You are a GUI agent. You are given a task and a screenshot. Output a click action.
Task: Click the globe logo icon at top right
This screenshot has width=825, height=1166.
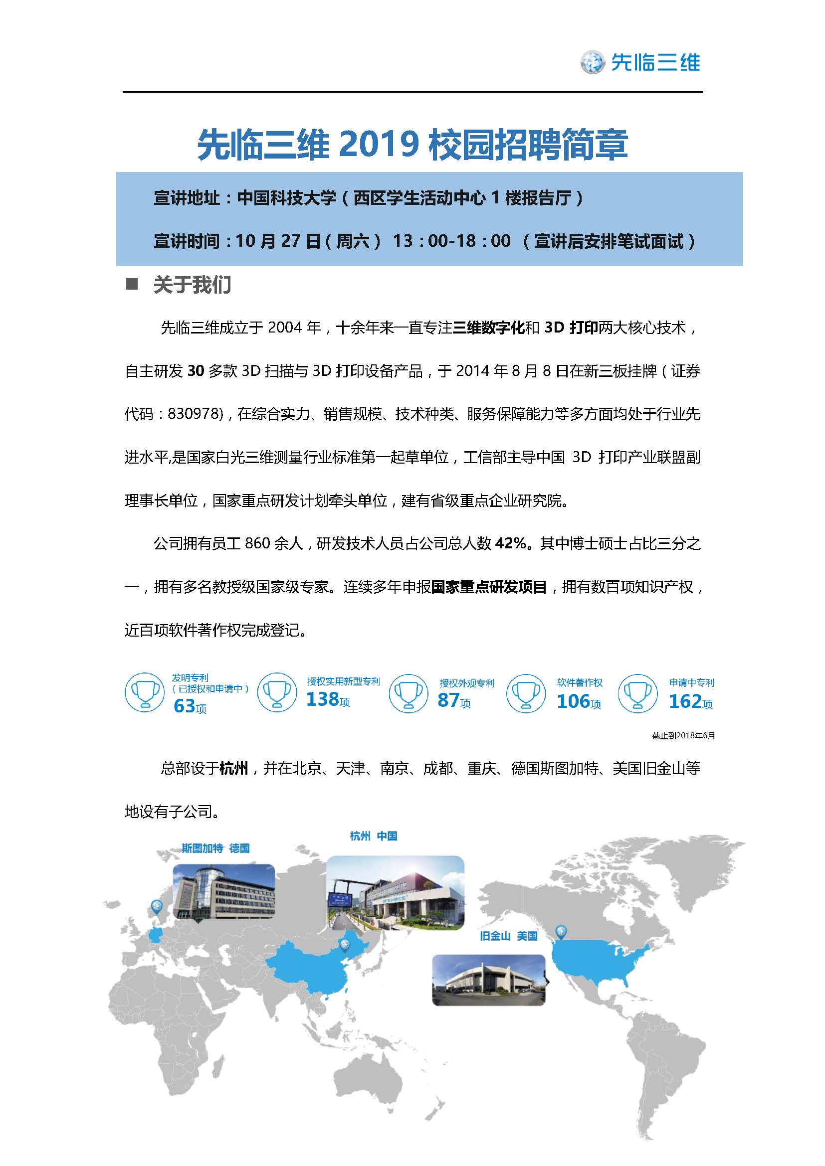[593, 62]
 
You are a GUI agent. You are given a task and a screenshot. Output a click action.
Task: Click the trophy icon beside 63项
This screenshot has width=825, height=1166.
[145, 693]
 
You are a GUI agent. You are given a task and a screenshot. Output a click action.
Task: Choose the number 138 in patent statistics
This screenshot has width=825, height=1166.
[322, 700]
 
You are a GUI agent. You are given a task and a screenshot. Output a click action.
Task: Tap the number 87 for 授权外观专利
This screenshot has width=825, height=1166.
[448, 700]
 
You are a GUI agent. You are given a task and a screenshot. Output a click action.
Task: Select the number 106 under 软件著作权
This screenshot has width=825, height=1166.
[573, 701]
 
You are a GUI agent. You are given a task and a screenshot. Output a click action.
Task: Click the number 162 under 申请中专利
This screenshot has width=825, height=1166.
[684, 701]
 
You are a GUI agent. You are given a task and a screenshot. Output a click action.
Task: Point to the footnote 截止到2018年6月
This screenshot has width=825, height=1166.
[683, 736]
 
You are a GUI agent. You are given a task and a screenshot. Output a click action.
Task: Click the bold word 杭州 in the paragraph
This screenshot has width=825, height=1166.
[233, 768]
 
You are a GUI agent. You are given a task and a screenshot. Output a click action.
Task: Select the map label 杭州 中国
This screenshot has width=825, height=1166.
[374, 836]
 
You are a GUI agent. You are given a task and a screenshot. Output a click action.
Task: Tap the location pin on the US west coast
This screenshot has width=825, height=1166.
[561, 932]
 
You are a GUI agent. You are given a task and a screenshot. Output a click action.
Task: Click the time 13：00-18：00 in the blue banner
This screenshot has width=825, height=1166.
[451, 241]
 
